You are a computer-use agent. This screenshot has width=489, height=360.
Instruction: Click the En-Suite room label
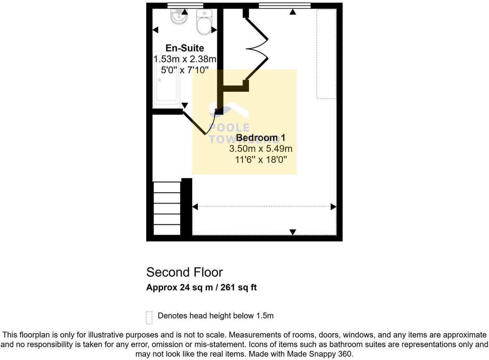click(x=185, y=48)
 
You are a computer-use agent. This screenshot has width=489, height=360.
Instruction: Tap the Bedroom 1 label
click(x=261, y=138)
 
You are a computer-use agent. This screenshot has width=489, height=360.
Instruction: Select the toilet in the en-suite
click(x=204, y=23)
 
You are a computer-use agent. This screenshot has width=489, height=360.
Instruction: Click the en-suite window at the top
click(x=182, y=5)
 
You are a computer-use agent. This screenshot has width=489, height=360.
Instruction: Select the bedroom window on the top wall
click(x=285, y=5)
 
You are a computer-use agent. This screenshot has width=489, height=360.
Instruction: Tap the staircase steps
click(x=167, y=208)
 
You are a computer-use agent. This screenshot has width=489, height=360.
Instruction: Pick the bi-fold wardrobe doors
click(x=257, y=49)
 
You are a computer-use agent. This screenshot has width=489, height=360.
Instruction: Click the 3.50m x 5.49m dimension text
click(x=261, y=149)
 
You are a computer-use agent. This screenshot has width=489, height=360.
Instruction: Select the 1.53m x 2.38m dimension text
click(x=185, y=59)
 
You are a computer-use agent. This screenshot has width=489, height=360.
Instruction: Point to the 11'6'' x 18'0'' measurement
click(x=261, y=160)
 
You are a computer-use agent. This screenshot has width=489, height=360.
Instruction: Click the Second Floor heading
click(x=184, y=272)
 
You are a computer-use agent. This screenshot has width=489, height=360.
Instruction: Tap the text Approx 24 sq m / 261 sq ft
click(x=201, y=287)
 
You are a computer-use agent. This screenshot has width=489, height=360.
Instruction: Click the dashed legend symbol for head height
click(x=149, y=317)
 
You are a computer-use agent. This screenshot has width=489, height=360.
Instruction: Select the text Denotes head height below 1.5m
click(x=215, y=316)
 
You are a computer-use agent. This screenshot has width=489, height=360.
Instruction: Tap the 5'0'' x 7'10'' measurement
click(x=185, y=70)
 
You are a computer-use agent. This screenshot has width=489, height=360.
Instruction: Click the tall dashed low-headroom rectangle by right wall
click(x=326, y=54)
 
